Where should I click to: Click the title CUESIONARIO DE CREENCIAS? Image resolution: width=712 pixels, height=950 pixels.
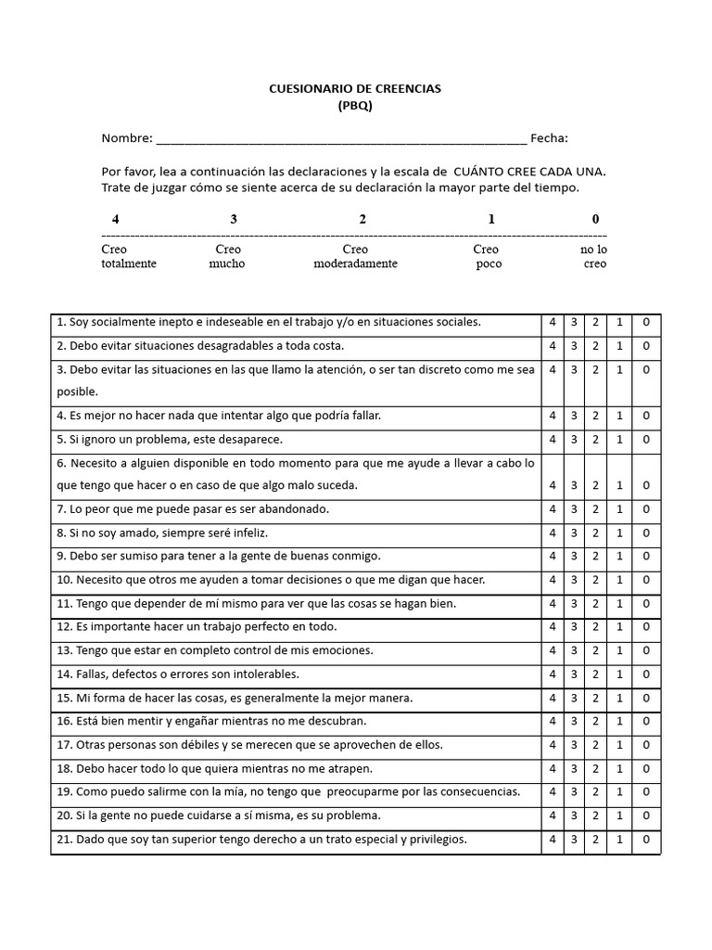(355, 89)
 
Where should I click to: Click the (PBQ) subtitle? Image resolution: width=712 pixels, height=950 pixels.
(355, 106)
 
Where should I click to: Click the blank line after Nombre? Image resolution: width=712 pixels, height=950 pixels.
(341, 139)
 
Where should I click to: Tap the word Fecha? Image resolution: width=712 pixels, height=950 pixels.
(549, 139)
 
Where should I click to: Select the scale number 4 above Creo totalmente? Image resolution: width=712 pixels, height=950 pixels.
(115, 220)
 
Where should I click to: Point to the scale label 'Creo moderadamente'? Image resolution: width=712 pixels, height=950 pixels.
(355, 256)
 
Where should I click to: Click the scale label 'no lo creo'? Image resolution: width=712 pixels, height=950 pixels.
(594, 256)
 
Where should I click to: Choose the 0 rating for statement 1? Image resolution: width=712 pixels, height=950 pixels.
(646, 323)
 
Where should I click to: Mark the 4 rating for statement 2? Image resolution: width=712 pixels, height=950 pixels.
(553, 346)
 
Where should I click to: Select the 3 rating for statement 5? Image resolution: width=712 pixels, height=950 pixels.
(574, 440)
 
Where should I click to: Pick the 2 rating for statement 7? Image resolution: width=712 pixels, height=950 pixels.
(595, 509)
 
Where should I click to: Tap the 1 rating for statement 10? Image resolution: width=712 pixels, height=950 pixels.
(619, 580)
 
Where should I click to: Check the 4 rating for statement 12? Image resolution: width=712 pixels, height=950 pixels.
(553, 627)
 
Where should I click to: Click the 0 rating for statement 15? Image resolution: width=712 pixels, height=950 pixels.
(646, 698)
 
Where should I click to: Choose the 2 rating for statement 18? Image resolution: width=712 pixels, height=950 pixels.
(595, 769)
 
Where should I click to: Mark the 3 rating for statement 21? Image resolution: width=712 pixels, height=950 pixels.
(574, 840)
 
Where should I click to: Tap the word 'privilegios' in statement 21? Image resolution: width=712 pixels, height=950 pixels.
(435, 840)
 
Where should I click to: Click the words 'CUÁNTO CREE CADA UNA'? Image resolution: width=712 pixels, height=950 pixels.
(528, 172)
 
